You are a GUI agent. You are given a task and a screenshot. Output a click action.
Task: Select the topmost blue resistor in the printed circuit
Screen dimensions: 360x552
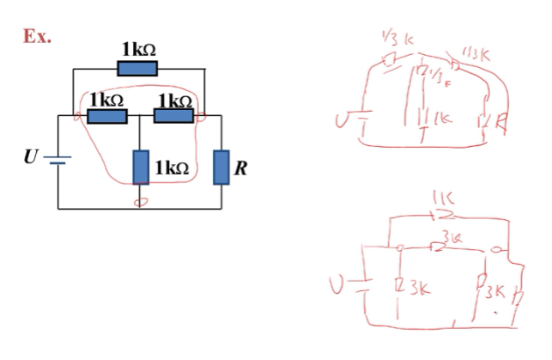[136, 69]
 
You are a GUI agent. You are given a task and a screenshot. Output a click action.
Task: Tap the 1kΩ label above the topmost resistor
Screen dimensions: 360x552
[138, 51]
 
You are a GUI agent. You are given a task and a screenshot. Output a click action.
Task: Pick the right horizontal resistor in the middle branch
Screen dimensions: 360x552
[173, 116]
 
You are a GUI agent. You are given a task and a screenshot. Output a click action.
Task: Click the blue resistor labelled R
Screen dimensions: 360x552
[222, 167]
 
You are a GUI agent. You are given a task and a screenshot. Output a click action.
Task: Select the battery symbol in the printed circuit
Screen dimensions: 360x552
[58, 160]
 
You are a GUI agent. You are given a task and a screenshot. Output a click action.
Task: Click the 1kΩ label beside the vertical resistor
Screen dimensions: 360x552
[172, 168]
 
